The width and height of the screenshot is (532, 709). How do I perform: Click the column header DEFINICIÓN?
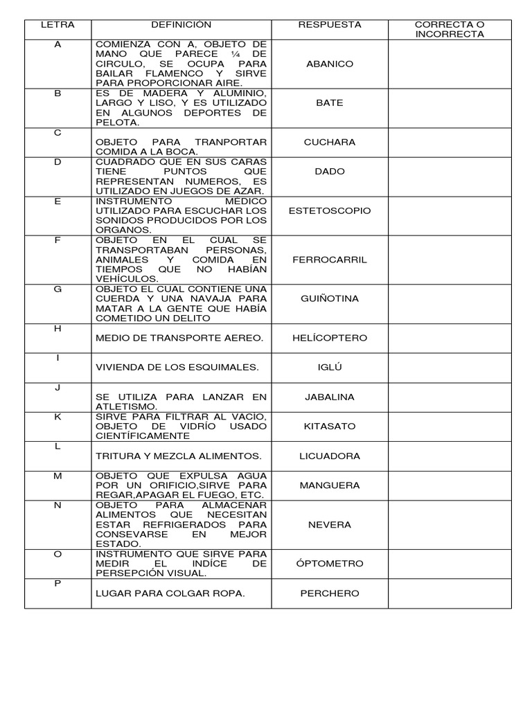point(181,24)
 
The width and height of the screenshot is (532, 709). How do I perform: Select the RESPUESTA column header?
point(330,24)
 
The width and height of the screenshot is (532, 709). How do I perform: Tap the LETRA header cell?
point(57,24)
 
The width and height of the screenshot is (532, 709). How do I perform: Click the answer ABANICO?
point(330,64)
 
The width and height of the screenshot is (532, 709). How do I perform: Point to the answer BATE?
point(330,102)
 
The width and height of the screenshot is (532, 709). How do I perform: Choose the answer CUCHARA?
point(330,142)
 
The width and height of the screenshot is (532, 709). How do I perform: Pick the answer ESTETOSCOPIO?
point(330,210)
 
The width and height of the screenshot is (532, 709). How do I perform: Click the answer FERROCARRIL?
point(330,260)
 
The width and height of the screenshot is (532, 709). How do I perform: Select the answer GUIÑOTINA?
point(330,298)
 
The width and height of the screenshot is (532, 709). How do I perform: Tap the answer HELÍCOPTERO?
point(330,338)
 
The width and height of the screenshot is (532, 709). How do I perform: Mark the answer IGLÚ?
point(330,367)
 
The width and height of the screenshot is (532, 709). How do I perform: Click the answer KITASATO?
point(330,427)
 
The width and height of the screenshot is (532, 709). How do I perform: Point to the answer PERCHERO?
point(330,593)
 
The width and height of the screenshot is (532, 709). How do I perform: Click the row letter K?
point(57,417)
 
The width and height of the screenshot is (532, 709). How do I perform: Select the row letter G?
point(57,289)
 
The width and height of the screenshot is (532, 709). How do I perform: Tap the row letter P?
point(57,584)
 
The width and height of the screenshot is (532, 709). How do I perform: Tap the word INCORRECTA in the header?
point(450,34)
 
